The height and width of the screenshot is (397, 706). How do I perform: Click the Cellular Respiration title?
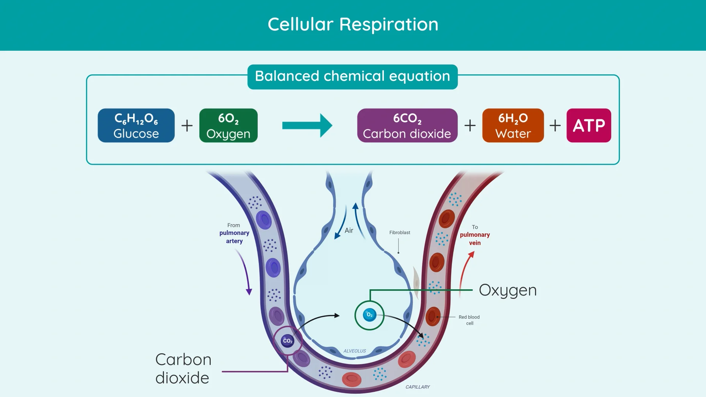point(353,25)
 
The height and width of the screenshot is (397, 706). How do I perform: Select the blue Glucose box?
point(136,125)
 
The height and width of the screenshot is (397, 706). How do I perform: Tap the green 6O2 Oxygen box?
point(228,125)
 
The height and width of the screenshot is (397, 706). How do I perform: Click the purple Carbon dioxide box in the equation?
point(407,125)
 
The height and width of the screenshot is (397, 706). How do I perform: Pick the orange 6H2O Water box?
point(513,125)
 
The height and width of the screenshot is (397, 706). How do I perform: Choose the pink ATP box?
point(589,125)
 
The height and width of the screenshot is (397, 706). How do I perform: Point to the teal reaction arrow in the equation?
point(307,125)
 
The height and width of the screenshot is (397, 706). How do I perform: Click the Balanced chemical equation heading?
point(352,76)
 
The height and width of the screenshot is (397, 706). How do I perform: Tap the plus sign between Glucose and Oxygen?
point(187,125)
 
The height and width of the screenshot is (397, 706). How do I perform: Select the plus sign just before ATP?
point(555,125)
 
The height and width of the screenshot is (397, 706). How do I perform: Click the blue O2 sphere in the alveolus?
point(370,315)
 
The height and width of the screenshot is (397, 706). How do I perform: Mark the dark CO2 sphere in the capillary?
point(288,341)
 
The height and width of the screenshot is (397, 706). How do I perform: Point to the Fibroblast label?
point(400,233)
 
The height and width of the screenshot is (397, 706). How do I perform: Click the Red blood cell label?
point(469,320)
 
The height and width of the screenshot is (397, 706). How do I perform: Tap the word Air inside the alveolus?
point(349,230)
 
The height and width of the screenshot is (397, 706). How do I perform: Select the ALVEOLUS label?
point(354,351)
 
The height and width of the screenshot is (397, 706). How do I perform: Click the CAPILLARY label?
point(417,387)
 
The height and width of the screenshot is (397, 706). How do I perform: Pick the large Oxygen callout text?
point(508,290)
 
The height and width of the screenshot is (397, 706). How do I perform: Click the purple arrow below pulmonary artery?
point(244,272)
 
